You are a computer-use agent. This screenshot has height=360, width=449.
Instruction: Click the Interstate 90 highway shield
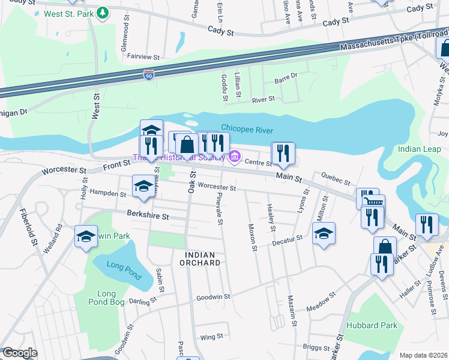[149, 74]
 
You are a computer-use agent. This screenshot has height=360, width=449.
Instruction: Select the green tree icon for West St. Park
[103, 13]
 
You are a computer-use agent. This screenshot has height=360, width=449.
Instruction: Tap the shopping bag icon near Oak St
[187, 145]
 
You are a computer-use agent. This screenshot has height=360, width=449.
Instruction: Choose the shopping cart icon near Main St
[373, 202]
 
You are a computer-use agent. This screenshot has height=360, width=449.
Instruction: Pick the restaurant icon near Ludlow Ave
[427, 225]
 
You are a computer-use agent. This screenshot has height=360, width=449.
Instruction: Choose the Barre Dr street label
[286, 76]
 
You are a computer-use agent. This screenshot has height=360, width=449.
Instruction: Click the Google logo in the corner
[19, 353]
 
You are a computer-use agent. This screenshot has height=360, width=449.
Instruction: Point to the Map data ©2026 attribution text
[423, 355]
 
